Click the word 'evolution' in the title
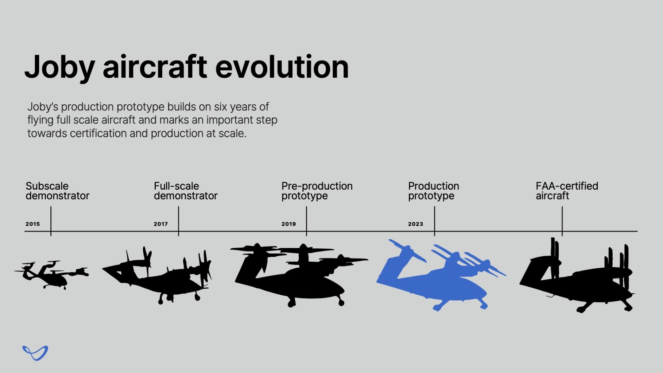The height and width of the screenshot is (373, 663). pos(282,67)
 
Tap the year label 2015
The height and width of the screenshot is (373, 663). pos(32,224)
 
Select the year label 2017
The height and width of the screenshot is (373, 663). pos(160,224)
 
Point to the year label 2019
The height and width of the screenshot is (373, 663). pos(288,224)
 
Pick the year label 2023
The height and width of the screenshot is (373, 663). pos(415,224)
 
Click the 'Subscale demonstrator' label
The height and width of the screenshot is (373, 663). pos(57,191)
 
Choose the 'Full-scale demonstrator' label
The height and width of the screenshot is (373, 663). pos(185,191)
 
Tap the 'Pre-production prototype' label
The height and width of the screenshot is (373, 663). pos(317,191)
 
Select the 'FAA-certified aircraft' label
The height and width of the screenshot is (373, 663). pos(567,191)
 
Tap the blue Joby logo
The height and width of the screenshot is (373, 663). pos(35,353)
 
